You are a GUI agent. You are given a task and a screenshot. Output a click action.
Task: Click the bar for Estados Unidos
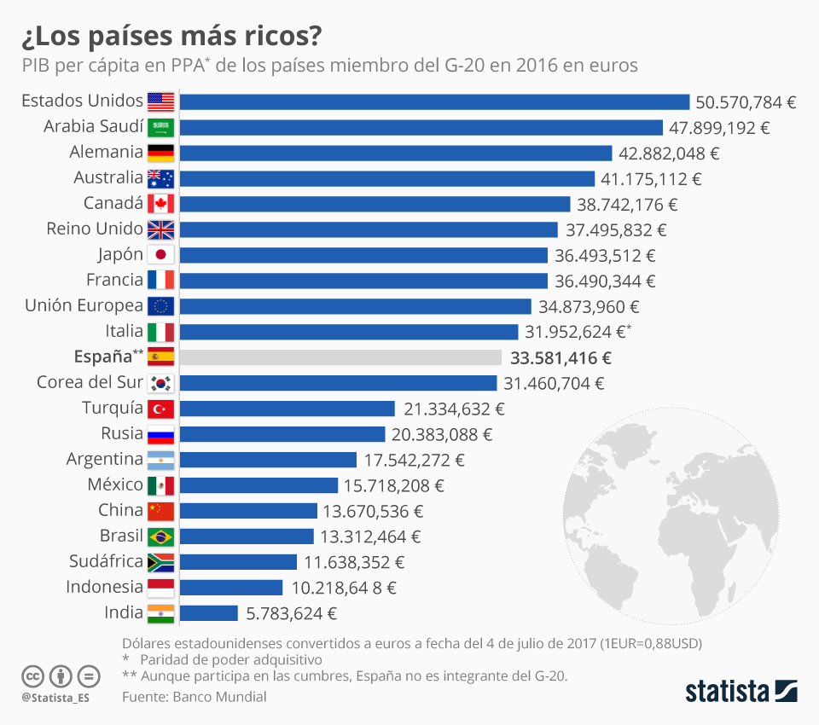[434, 102]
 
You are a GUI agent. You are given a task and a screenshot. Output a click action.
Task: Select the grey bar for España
[341, 357]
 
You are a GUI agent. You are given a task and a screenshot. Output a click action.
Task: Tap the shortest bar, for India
[209, 613]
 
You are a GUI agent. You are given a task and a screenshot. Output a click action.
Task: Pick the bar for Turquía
[288, 409]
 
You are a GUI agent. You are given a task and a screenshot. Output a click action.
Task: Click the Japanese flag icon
[160, 255]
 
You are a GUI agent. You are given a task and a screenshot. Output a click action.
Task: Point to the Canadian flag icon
[160, 204]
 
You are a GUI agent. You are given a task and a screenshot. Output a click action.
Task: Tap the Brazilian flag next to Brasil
[160, 536]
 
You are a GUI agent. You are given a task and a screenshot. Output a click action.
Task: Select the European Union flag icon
[160, 306]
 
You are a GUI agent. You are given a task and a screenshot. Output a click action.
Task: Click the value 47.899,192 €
[720, 128]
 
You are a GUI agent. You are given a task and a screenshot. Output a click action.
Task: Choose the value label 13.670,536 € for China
[373, 511]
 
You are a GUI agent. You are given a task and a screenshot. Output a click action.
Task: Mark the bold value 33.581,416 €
[561, 357]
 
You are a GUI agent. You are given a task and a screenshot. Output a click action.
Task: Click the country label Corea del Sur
[90, 382]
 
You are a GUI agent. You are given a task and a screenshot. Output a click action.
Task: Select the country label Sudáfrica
[107, 561]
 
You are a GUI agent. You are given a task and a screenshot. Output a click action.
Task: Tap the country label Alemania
[106, 152]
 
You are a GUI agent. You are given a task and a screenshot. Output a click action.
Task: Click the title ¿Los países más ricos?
[171, 37]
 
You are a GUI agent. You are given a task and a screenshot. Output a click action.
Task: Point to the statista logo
[741, 690]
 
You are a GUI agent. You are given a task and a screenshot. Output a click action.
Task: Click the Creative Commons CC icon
[32, 676]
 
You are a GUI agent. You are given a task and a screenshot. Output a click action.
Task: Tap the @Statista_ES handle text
[55, 698]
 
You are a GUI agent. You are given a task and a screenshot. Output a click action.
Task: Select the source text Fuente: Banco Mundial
[194, 697]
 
